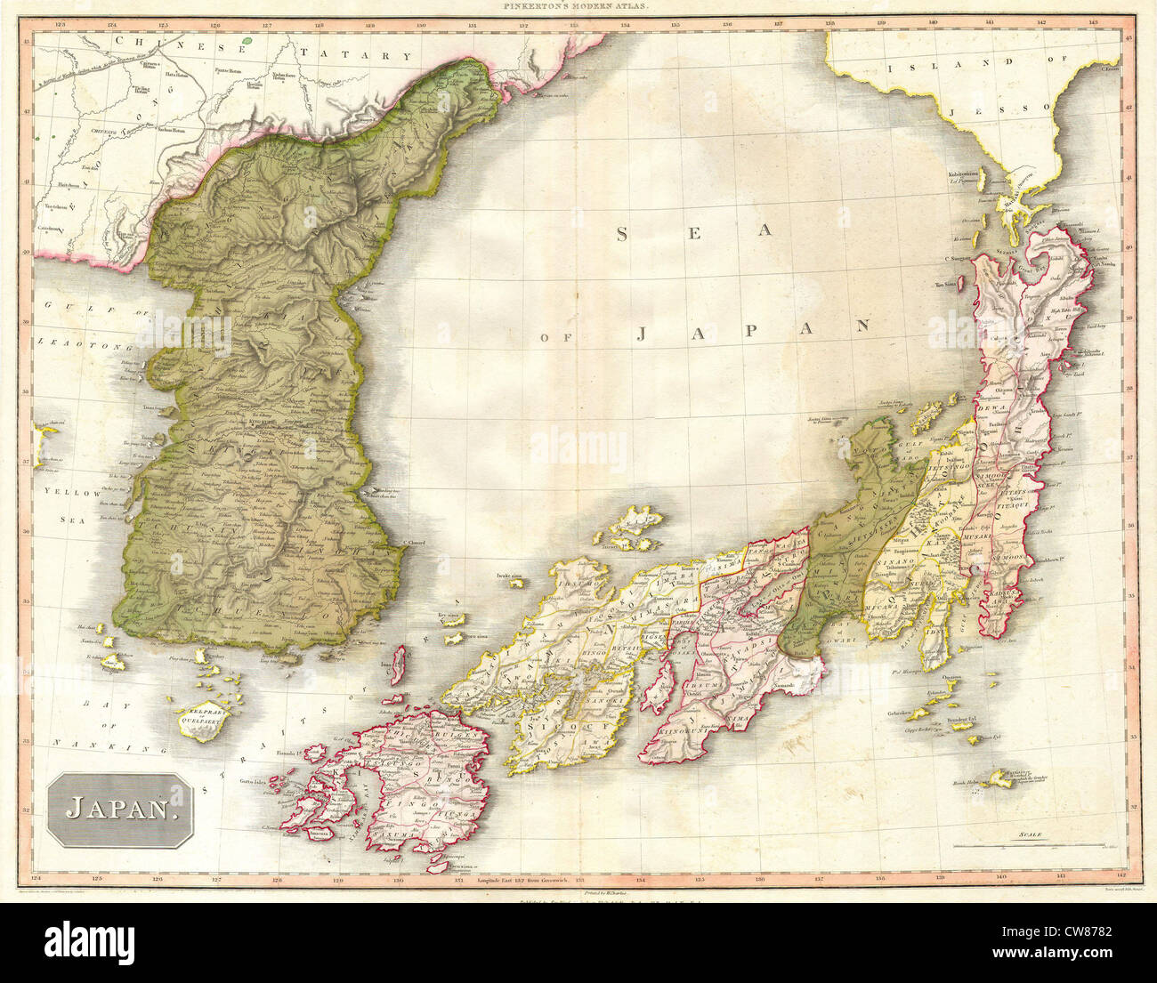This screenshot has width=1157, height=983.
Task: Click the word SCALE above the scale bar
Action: coord(1032,834)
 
